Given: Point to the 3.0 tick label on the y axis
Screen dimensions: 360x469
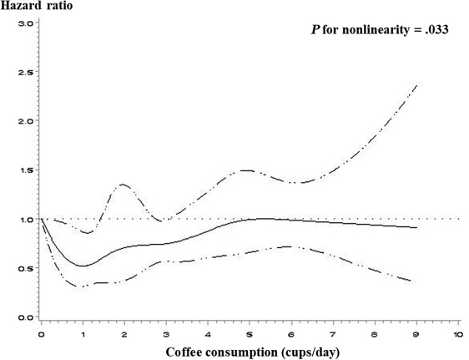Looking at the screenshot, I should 24,23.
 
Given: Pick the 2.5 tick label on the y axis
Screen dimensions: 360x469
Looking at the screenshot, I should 24,73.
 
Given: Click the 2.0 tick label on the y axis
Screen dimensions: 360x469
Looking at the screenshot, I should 24,121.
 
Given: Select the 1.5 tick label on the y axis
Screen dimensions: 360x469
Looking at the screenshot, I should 24,170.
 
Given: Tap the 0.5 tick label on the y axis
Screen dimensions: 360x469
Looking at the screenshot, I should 24,268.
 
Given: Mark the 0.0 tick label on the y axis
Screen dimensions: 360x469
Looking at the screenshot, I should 24,317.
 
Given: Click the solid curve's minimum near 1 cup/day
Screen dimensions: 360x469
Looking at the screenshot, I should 83,266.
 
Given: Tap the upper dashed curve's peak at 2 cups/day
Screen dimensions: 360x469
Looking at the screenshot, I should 123,185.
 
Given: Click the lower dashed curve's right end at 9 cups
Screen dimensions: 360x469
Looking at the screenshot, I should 416,281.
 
